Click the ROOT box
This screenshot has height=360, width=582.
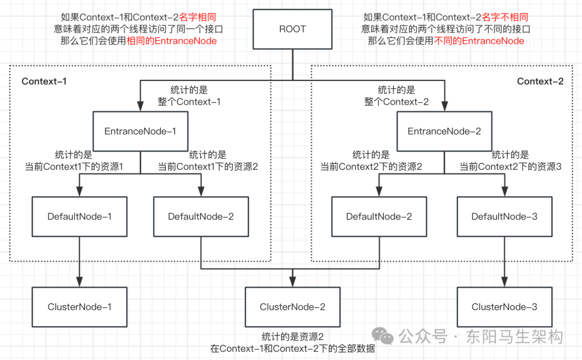coord(293,29)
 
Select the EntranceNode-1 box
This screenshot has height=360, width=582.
coord(140,131)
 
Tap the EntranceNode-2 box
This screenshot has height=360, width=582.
coord(444,131)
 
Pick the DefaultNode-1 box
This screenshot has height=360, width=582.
coord(79,217)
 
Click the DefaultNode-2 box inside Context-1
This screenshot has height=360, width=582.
coord(200,217)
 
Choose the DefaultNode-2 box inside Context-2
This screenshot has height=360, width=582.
coord(379,217)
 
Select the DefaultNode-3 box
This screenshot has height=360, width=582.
coord(504,217)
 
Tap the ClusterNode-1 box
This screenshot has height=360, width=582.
coord(79,307)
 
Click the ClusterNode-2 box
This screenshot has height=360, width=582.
coord(293,307)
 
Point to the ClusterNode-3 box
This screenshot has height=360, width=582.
coord(504,307)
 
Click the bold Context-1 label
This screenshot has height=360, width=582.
coord(44,81)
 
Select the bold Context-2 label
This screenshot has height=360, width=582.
coord(540,81)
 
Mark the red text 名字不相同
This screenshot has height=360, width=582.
coord(505,17)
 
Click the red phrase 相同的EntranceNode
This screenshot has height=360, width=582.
coord(185,41)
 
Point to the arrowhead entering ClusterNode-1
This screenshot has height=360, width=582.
coord(79,282)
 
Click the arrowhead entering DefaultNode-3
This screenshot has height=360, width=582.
coord(504,192)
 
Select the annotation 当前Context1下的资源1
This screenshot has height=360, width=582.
coord(74,167)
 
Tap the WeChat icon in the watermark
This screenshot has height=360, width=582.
coord(386,337)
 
